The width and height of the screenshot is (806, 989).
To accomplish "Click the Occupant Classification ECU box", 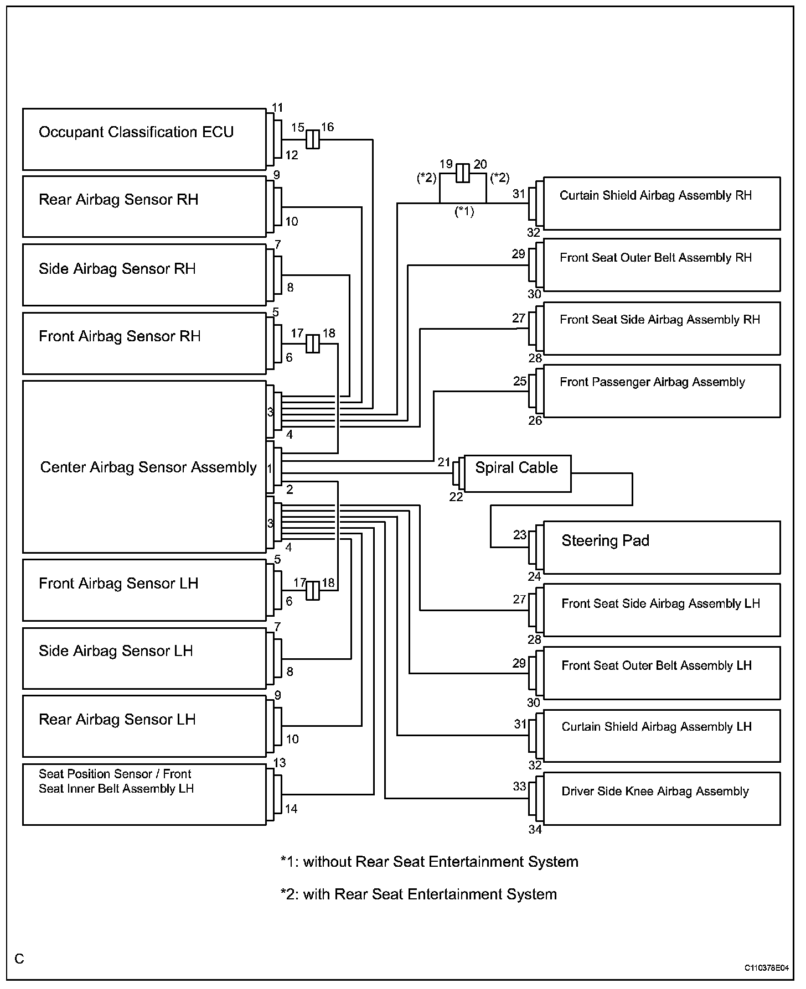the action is click(144, 139).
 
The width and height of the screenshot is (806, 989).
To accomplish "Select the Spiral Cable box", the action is click(518, 473).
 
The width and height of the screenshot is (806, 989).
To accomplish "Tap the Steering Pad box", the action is click(662, 547).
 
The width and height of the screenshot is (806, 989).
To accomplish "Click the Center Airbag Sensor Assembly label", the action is click(148, 467).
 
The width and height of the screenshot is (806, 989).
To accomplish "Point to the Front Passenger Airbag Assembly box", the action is click(662, 391).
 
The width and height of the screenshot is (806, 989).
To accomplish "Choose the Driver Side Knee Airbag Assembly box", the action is click(662, 799).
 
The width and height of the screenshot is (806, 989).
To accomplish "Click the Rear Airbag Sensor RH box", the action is click(144, 207).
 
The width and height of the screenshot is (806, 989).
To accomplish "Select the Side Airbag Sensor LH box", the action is click(144, 658).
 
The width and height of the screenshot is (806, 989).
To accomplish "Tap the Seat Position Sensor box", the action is click(144, 795).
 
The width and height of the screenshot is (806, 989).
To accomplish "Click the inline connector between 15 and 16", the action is click(313, 139).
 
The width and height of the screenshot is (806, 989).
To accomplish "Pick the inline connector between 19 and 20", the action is click(463, 173).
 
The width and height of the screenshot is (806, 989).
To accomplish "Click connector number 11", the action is click(278, 108).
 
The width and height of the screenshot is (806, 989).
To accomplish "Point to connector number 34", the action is click(535, 829).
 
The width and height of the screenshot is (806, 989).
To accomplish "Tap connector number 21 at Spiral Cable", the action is click(444, 462).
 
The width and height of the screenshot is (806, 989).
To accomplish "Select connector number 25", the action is click(520, 381).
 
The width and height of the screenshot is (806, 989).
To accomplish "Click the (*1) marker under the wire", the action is click(464, 211).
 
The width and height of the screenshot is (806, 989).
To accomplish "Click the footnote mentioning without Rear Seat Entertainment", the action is click(430, 862).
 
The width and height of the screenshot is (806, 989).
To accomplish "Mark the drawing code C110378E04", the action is click(766, 968).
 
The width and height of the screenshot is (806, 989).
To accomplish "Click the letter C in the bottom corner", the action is click(20, 959).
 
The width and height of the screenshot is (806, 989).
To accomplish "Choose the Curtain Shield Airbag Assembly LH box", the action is click(662, 736).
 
